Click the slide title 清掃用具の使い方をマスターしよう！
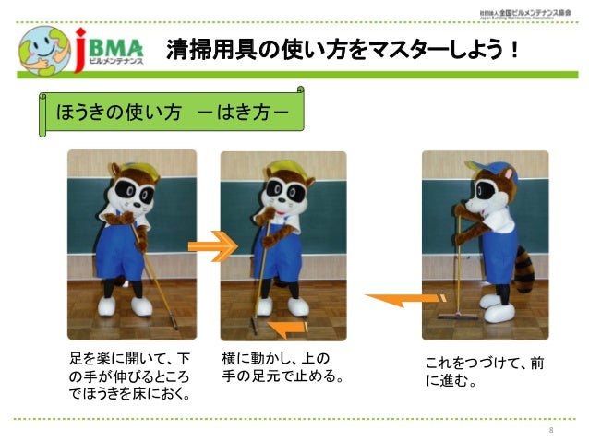[342, 49]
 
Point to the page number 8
[550, 431]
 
